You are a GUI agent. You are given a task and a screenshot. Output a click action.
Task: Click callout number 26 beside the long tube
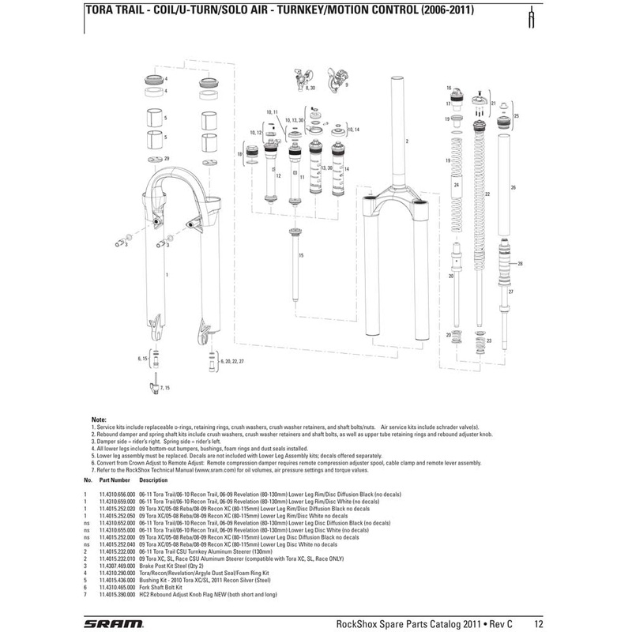[x=513, y=188]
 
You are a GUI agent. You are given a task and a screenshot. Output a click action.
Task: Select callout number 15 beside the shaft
[x=300, y=257]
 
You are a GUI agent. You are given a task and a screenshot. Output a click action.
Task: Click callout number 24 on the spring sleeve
[x=457, y=183]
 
